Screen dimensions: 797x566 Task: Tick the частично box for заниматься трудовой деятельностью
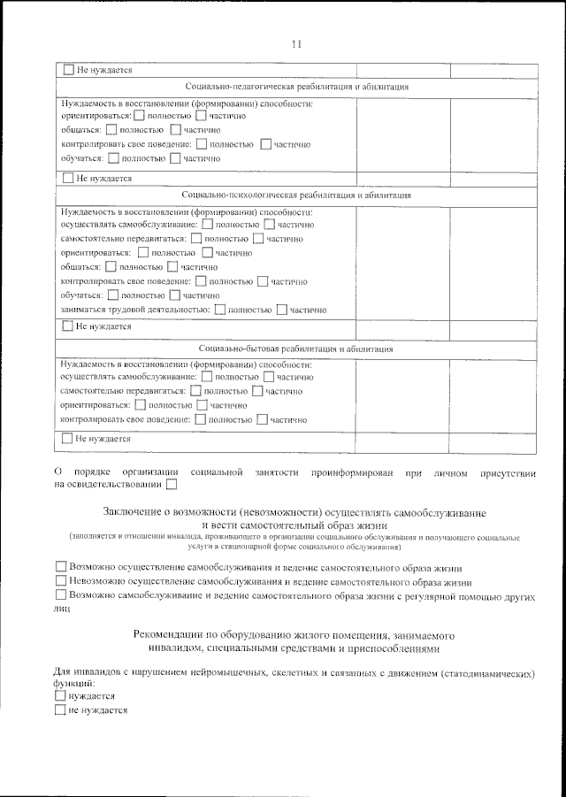pyautogui.click(x=282, y=310)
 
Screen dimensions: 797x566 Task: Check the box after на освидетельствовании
pyautogui.click(x=171, y=484)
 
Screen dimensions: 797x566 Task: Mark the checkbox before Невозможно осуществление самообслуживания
pyautogui.click(x=60, y=582)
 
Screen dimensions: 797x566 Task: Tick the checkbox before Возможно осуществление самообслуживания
pyautogui.click(x=60, y=567)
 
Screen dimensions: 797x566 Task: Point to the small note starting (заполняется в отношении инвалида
pyautogui.click(x=294, y=537)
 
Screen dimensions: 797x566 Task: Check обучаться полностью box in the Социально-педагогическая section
pyautogui.click(x=112, y=158)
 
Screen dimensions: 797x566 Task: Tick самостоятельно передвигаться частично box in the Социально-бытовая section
pyautogui.click(x=257, y=390)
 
